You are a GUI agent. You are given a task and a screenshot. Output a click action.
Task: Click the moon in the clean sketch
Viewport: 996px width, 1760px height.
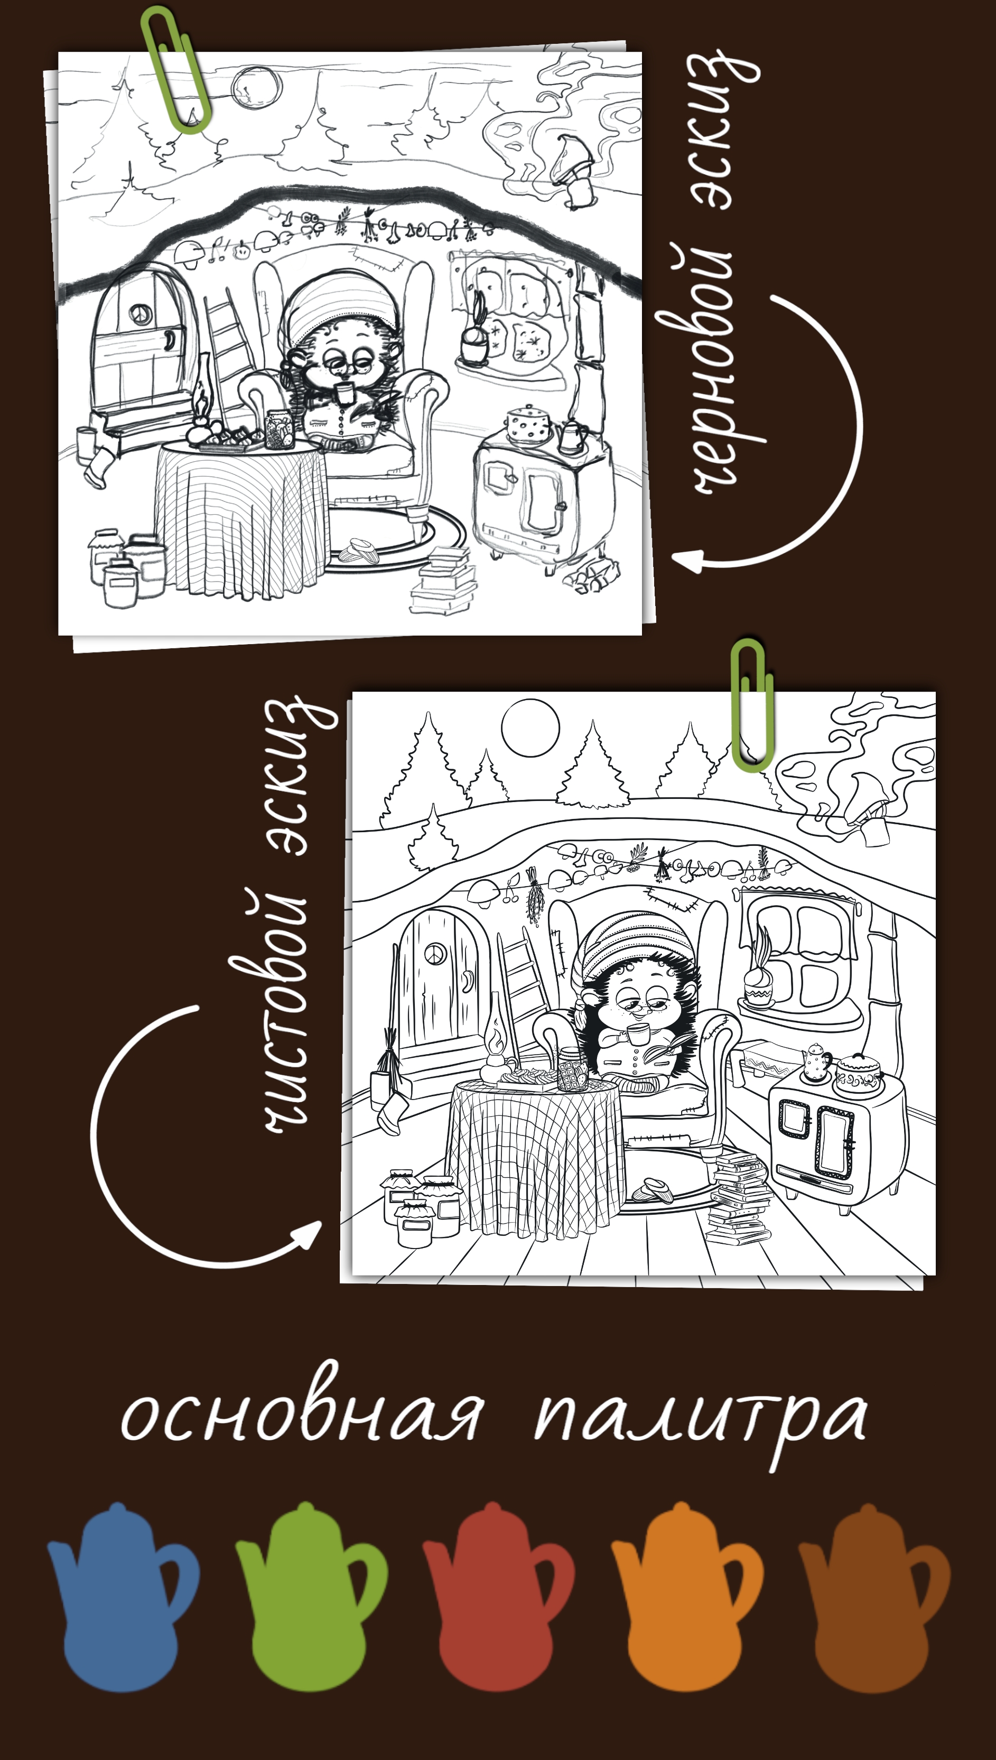pyautogui.click(x=530, y=727)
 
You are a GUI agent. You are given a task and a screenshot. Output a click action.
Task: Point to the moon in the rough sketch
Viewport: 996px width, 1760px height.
pyautogui.click(x=256, y=90)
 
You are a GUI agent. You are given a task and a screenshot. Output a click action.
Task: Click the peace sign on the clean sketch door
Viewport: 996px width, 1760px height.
pyautogui.click(x=435, y=954)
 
